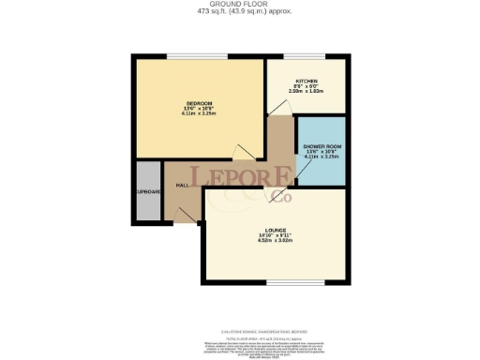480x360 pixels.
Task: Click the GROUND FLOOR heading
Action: point(239,5)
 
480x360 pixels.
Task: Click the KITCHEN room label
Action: point(307,82)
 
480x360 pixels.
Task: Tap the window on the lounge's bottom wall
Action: point(295,281)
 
